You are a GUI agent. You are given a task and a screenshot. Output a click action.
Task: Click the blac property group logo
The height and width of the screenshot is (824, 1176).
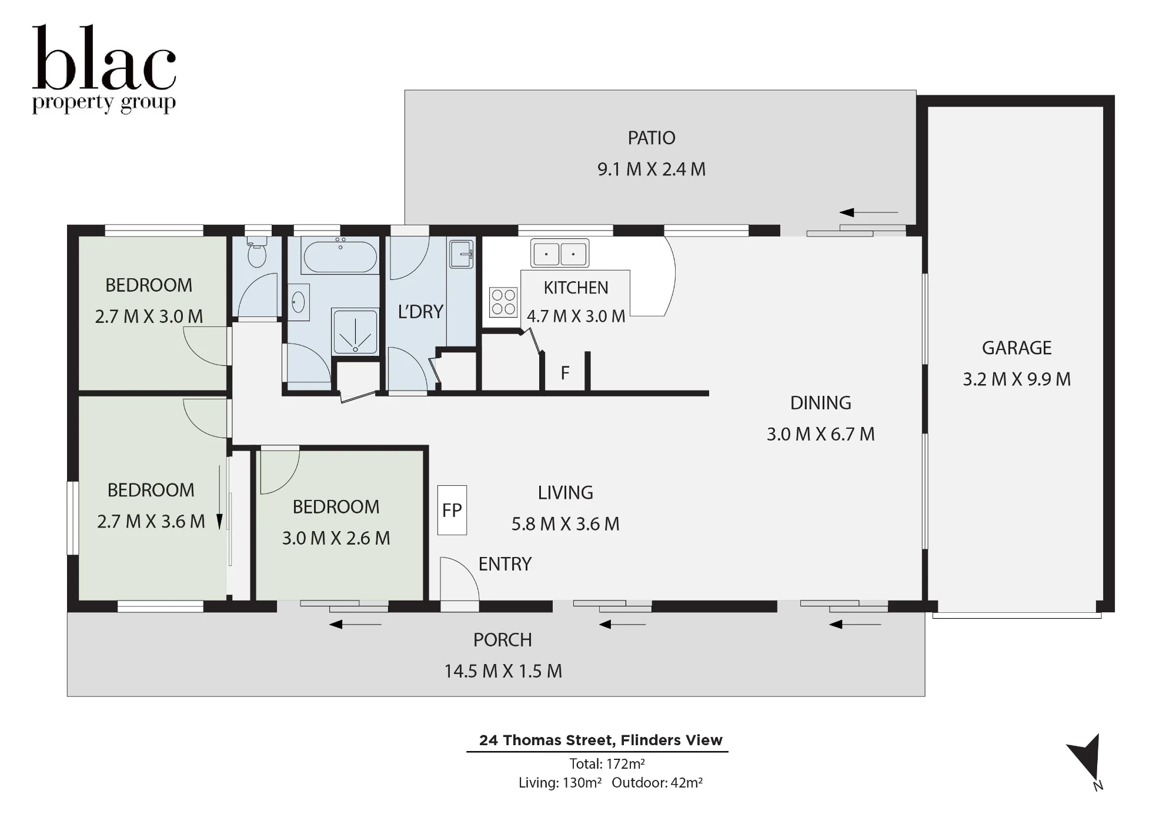(x=104, y=69)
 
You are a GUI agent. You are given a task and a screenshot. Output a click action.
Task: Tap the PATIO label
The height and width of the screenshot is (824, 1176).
(x=652, y=138)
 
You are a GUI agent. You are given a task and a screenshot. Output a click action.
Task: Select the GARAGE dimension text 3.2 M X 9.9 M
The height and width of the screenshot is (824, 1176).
(x=1017, y=379)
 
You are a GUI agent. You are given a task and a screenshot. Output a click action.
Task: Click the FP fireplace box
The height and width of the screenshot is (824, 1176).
(x=452, y=510)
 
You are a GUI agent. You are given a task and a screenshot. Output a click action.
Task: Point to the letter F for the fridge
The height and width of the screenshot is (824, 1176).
(x=565, y=373)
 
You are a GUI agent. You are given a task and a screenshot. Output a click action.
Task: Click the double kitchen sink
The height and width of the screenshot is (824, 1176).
(x=560, y=253)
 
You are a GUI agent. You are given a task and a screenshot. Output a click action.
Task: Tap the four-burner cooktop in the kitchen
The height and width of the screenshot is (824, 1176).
(x=503, y=302)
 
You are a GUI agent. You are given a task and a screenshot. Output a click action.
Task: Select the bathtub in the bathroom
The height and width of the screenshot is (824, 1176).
(x=340, y=256)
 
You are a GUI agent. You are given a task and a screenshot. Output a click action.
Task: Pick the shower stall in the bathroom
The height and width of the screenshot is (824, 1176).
(x=355, y=332)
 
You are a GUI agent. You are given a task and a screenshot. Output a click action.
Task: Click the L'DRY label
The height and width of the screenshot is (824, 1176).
(x=420, y=312)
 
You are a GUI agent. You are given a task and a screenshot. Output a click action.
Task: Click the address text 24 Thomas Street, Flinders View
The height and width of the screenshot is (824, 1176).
(x=601, y=740)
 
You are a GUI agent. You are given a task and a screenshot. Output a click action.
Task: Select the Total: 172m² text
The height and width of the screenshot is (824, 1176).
(x=607, y=764)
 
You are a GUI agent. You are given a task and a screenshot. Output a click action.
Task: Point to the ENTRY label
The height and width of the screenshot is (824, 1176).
(x=505, y=565)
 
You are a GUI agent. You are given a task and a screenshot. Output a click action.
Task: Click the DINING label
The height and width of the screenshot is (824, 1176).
(x=821, y=403)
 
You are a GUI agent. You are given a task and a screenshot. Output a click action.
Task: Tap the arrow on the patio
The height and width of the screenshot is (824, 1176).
(x=868, y=212)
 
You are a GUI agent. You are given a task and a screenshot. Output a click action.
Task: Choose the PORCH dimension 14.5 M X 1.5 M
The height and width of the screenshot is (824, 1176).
(x=503, y=671)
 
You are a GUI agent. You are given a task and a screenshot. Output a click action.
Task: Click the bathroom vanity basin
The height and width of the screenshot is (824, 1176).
(x=298, y=302)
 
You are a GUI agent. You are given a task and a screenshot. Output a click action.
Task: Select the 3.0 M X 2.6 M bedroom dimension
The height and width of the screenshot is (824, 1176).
(x=336, y=538)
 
